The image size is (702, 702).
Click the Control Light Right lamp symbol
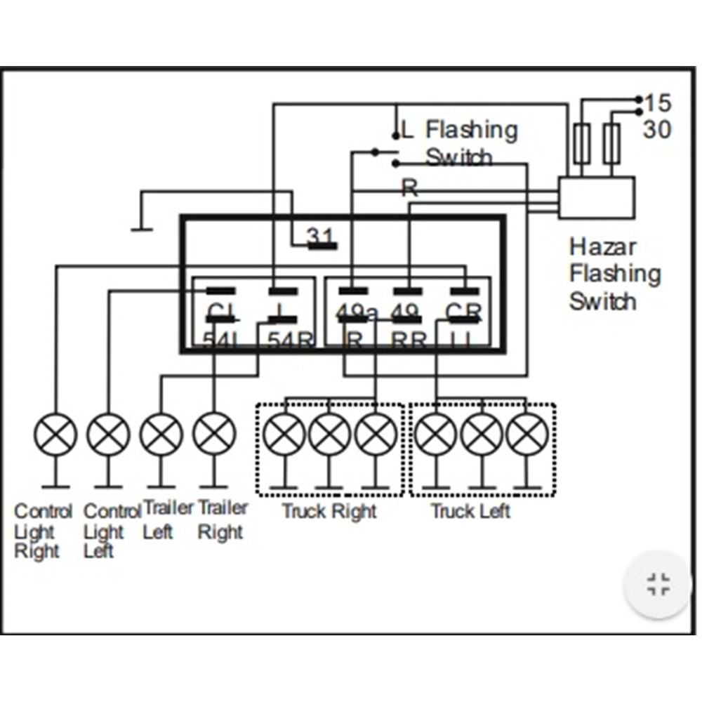55,435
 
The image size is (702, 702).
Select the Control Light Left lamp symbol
108,435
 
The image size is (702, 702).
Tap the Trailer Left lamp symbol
161,435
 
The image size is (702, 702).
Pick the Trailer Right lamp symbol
214,435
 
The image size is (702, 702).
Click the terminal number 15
658,103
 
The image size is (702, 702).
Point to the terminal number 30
657,129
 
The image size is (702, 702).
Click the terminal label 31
321,237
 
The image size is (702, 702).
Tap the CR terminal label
463,311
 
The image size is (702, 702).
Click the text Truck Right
329,511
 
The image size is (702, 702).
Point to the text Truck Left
470,511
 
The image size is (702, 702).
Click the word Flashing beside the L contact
472,130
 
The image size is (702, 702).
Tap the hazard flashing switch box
597,197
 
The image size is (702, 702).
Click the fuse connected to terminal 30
612,144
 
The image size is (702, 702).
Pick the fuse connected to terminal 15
581,144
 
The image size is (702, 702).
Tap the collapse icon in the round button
658,584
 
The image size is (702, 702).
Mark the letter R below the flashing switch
409,187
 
